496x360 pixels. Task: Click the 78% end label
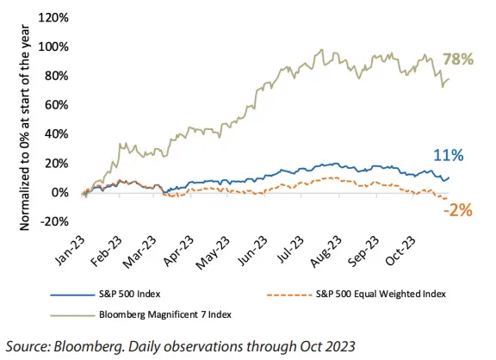point(458,59)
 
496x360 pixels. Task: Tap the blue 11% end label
point(449,155)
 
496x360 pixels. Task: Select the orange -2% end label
point(458,210)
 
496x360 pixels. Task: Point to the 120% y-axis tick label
point(53,18)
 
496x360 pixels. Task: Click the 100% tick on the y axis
point(53,47)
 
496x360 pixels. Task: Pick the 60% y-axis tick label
point(56,105)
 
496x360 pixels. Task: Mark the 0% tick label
point(59,192)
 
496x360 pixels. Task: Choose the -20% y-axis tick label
point(54,221)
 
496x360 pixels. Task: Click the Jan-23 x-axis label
point(70,251)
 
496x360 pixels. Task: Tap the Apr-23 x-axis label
point(178,251)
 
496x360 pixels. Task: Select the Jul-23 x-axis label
point(290,250)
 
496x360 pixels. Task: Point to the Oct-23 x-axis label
point(400,251)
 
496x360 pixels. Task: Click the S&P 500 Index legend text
point(130,295)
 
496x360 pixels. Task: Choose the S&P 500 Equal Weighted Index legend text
point(381,295)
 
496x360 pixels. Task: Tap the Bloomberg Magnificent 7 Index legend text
point(165,314)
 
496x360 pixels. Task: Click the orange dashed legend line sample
point(289,295)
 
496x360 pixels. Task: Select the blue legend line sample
point(72,295)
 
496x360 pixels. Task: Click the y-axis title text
point(24,127)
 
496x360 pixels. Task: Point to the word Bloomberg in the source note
point(89,346)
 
